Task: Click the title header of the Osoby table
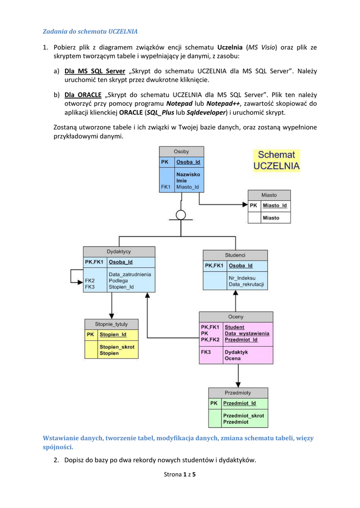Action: (x=181, y=151)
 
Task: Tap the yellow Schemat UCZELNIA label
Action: (x=277, y=161)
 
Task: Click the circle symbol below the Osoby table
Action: (x=181, y=214)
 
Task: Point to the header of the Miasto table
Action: (x=269, y=195)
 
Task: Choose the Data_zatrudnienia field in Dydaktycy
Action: (x=130, y=274)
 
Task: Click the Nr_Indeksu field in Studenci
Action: (x=242, y=278)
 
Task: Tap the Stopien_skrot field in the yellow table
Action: (x=117, y=347)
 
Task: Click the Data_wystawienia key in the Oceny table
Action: (x=247, y=333)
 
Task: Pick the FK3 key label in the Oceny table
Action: (x=206, y=352)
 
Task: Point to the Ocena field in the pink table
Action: (x=232, y=358)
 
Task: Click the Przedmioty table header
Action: (x=238, y=393)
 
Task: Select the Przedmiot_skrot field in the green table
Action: (x=243, y=416)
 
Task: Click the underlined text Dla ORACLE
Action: (x=83, y=94)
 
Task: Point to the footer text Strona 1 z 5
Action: (x=180, y=475)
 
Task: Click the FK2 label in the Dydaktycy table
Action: (x=90, y=280)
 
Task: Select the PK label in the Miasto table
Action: (x=253, y=205)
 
